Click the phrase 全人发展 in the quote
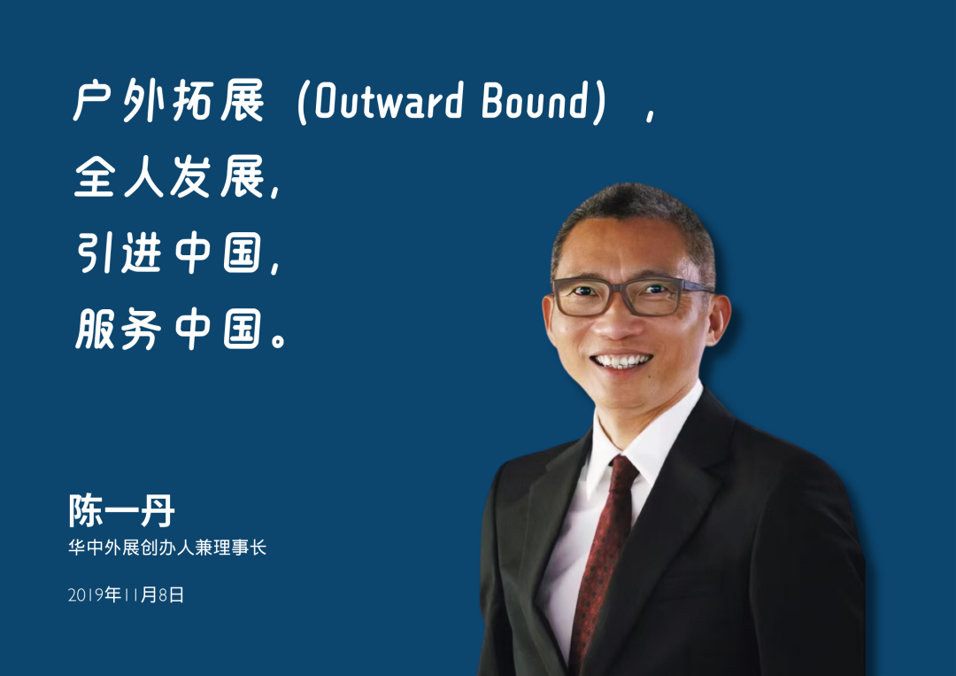pyautogui.click(x=169, y=176)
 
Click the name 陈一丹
pyautogui.click(x=121, y=510)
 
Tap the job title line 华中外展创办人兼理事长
pyautogui.click(x=167, y=548)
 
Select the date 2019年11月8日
pyautogui.click(x=126, y=594)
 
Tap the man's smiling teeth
pyautogui.click(x=622, y=361)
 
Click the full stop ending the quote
pyautogui.click(x=278, y=339)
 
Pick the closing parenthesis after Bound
pyautogui.click(x=600, y=102)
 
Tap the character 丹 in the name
pyautogui.click(x=158, y=510)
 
